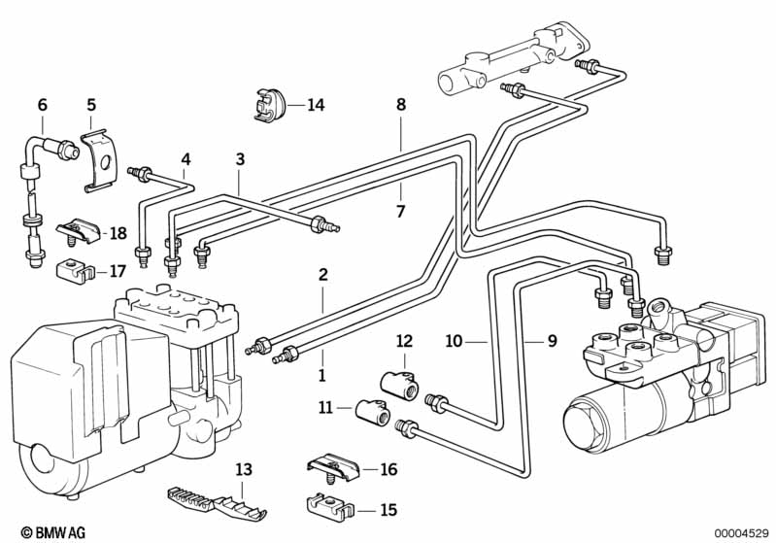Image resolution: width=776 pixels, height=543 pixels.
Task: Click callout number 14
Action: (x=315, y=105)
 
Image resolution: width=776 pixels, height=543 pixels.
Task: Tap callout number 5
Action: (x=91, y=104)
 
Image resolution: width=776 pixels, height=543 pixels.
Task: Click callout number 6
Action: (x=42, y=104)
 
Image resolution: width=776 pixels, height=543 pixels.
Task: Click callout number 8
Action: (x=401, y=104)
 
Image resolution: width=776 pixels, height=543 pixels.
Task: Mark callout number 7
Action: (x=401, y=210)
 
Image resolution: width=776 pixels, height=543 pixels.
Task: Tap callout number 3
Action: (x=240, y=159)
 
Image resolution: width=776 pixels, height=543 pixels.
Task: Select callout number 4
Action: (x=186, y=159)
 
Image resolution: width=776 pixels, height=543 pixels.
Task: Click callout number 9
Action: (x=552, y=341)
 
